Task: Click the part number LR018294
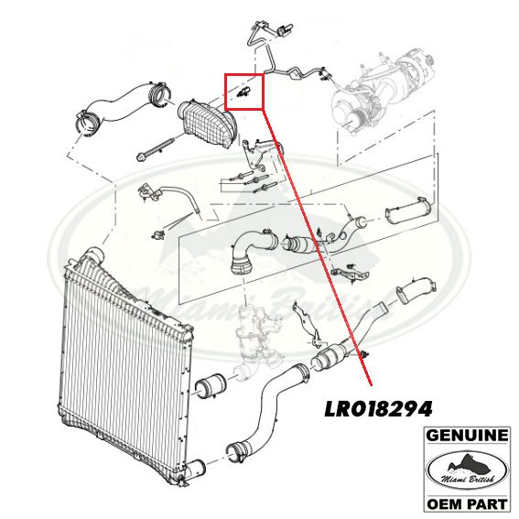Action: click(378, 409)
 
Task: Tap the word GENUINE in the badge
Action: click(467, 436)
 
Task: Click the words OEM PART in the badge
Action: click(467, 504)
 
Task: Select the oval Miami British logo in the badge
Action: click(467, 470)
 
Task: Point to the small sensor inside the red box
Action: click(244, 92)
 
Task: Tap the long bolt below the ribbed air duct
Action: click(156, 149)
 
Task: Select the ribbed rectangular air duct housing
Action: click(205, 125)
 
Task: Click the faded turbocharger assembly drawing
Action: click(381, 92)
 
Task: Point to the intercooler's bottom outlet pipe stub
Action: click(195, 469)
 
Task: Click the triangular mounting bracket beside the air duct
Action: click(256, 154)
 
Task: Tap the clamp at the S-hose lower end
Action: click(235, 451)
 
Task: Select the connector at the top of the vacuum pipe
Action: click(286, 30)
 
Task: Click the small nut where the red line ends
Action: click(366, 355)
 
